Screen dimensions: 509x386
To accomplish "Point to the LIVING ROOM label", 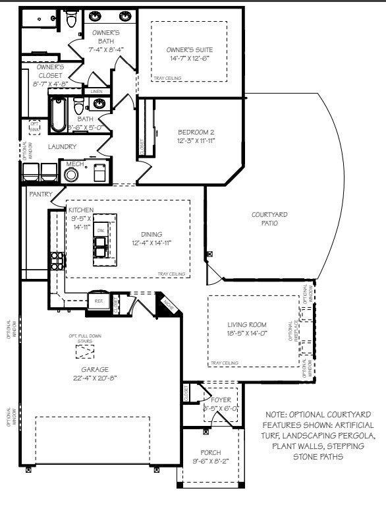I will (246, 324).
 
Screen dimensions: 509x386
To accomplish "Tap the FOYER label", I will (221, 400).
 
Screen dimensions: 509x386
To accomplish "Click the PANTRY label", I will (40, 194).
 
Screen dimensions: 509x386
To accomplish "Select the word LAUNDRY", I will (62, 146).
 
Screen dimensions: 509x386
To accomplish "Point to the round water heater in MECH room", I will (71, 175).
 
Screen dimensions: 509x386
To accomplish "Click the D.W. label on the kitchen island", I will (101, 229).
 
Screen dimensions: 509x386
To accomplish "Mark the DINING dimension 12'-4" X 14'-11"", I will (151, 243).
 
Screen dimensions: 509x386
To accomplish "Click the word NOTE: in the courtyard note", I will (277, 414).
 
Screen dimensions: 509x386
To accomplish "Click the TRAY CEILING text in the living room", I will (224, 363).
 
